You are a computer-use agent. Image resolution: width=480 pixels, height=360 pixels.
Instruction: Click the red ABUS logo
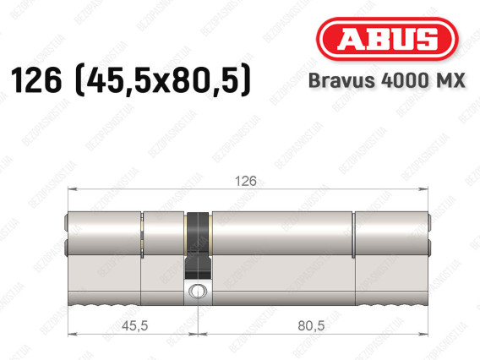click(x=387, y=39)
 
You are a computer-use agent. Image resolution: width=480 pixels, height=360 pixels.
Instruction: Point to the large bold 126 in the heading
click(x=36, y=80)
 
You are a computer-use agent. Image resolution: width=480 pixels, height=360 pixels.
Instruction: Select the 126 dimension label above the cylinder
click(x=246, y=181)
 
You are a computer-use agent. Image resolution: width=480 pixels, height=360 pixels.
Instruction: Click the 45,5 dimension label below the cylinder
click(x=134, y=325)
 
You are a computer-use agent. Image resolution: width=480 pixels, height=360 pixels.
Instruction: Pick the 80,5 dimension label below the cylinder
click(x=311, y=325)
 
